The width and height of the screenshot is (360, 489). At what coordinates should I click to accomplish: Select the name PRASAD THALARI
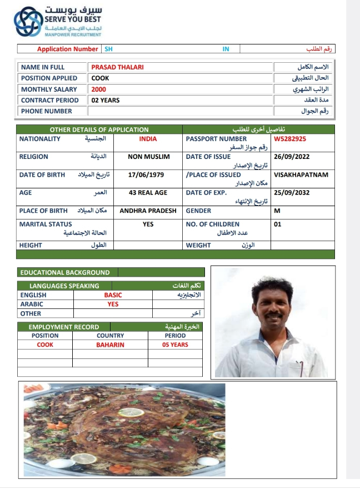click(117, 67)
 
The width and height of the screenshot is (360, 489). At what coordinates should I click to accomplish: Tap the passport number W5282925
click(294, 139)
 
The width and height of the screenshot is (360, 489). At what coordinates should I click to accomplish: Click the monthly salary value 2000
click(99, 89)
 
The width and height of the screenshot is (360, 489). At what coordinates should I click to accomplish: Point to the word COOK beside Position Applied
click(100, 78)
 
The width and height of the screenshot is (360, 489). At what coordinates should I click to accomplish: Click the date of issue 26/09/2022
click(292, 157)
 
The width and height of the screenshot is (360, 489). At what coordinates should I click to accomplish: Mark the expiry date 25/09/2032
click(292, 193)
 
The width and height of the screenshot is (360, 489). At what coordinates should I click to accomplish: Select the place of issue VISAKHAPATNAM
click(301, 175)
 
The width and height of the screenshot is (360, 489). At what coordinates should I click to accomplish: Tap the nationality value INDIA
click(148, 139)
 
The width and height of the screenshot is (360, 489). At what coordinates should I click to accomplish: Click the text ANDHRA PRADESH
click(148, 211)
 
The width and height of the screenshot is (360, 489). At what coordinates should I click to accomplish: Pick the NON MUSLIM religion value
click(148, 157)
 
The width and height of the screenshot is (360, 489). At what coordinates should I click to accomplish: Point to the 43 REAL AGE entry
click(148, 193)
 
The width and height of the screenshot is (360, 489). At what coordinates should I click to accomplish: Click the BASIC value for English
click(113, 295)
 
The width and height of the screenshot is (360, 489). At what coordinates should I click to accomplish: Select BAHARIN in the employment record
click(110, 345)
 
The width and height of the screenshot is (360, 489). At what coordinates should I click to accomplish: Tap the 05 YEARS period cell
click(175, 345)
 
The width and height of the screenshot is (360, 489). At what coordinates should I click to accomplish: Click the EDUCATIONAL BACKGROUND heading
click(65, 272)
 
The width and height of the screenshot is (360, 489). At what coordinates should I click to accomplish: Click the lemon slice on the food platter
click(132, 412)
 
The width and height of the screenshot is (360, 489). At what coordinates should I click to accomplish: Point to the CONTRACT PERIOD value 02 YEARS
click(106, 101)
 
